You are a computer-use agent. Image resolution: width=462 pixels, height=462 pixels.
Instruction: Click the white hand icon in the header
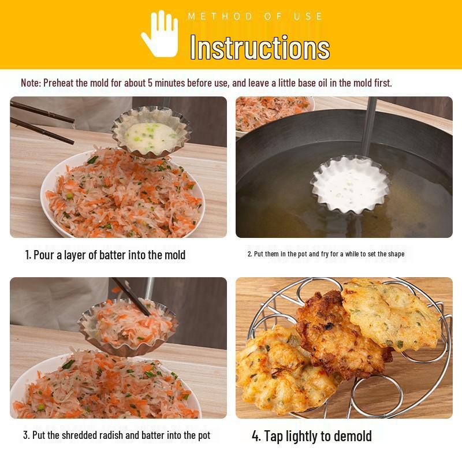tap(160, 34)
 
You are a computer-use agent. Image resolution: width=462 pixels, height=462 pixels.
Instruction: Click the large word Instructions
tap(260, 47)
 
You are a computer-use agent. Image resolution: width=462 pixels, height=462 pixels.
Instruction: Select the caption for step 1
tap(105, 255)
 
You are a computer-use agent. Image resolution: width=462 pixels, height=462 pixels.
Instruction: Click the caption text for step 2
tap(326, 254)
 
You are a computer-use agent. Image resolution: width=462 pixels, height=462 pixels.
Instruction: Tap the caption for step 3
tap(117, 435)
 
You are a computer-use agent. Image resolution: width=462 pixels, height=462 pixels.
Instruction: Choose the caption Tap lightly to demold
tap(312, 436)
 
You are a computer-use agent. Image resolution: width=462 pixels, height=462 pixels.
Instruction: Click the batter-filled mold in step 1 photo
tap(151, 132)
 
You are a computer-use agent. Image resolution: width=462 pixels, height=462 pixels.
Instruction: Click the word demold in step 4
tap(350, 436)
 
